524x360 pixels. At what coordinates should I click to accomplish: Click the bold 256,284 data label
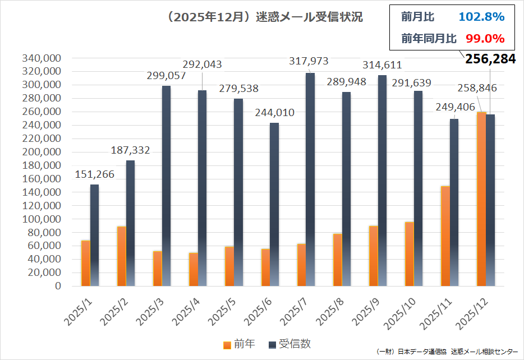[x=490, y=59]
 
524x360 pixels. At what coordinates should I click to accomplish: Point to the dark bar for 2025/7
[x=310, y=179]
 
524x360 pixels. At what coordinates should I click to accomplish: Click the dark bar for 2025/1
[x=94, y=236]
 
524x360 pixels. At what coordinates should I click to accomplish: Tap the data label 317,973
[x=308, y=61]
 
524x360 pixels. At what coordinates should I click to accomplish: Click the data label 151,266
[x=94, y=174]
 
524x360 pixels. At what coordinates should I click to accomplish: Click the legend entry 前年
[x=240, y=344]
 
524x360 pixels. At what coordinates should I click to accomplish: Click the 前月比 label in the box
[x=417, y=17]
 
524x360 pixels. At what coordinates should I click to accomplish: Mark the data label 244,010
[x=274, y=113]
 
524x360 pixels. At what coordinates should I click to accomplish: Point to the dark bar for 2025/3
[x=166, y=185]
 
